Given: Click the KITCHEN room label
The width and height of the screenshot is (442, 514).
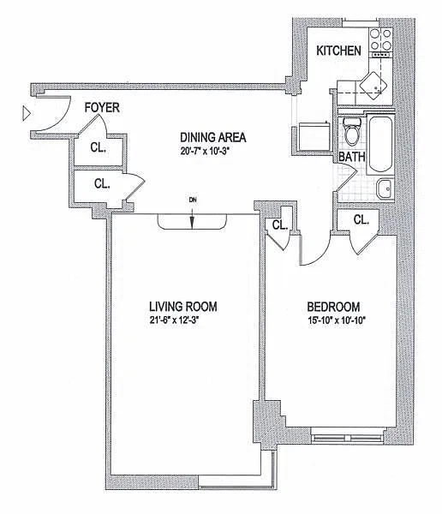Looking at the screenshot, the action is pyautogui.click(x=338, y=51).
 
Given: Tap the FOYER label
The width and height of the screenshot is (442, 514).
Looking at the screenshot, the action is pyautogui.click(x=102, y=108).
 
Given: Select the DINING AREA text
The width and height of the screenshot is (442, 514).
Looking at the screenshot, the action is pyautogui.click(x=213, y=137).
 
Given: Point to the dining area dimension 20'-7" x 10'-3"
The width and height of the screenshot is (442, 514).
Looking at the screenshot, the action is pyautogui.click(x=204, y=151).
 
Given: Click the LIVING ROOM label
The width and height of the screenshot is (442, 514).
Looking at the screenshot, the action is pyautogui.click(x=183, y=307).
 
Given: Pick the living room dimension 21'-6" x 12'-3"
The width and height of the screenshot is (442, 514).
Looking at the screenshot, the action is pyautogui.click(x=175, y=320).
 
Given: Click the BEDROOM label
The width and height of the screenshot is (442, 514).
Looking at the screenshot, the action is pyautogui.click(x=333, y=308).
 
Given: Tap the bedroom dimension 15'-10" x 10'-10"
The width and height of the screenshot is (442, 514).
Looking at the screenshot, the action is pyautogui.click(x=337, y=320).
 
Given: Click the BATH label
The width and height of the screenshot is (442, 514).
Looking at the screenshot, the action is pyautogui.click(x=352, y=157).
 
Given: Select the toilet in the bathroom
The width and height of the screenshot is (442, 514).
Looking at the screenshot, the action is pyautogui.click(x=352, y=132).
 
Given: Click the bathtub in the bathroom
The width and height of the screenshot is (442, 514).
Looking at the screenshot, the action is pyautogui.click(x=380, y=144).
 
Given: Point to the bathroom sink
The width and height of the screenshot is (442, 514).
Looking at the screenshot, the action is pyautogui.click(x=385, y=188).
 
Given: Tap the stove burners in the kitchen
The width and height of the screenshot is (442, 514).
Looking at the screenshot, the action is pyautogui.click(x=380, y=39).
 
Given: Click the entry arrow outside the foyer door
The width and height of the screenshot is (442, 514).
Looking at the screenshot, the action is pyautogui.click(x=27, y=114).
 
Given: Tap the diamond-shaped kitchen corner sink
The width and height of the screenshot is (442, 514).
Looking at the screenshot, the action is pyautogui.click(x=373, y=86).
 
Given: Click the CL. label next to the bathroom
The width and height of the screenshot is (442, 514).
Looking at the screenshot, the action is pyautogui.click(x=361, y=219).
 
